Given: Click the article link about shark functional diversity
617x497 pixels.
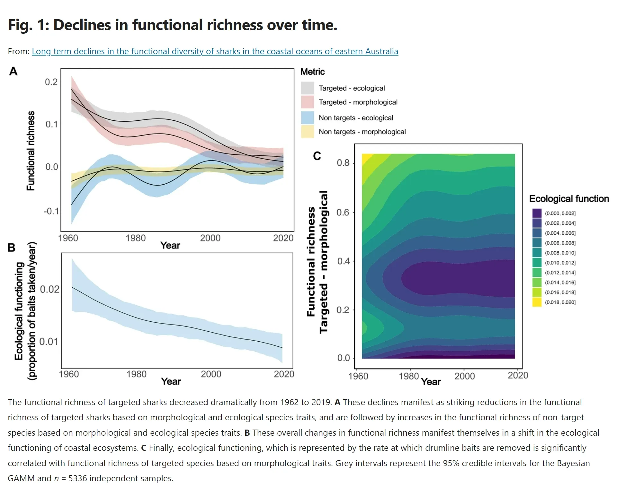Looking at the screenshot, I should click(215, 51).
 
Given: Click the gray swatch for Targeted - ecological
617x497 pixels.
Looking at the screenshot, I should click(307, 88).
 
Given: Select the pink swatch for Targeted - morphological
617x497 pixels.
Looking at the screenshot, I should click(307, 102).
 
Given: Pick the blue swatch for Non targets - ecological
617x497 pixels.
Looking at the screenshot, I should click(307, 118).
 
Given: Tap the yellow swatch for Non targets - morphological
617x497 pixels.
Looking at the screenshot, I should click(307, 132).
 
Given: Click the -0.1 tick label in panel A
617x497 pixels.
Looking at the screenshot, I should click(51, 211).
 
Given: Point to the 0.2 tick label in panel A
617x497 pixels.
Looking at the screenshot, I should click(51, 82).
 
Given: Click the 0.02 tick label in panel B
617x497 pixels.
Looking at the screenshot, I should click(49, 289).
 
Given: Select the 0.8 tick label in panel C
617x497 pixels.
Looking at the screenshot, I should click(343, 163).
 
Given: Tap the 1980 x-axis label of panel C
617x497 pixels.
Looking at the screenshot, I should click(409, 376).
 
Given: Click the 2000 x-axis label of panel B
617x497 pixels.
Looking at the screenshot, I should click(211, 374).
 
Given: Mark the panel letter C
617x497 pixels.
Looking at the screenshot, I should click(317, 156).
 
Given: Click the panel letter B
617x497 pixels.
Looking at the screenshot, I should click(12, 248).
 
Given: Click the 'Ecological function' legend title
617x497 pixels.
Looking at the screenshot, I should click(569, 199).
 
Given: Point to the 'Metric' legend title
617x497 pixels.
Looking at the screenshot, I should click(312, 72).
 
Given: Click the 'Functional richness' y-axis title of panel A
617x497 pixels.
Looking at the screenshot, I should click(31, 151).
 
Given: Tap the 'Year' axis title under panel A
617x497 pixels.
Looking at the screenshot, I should click(170, 246).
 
